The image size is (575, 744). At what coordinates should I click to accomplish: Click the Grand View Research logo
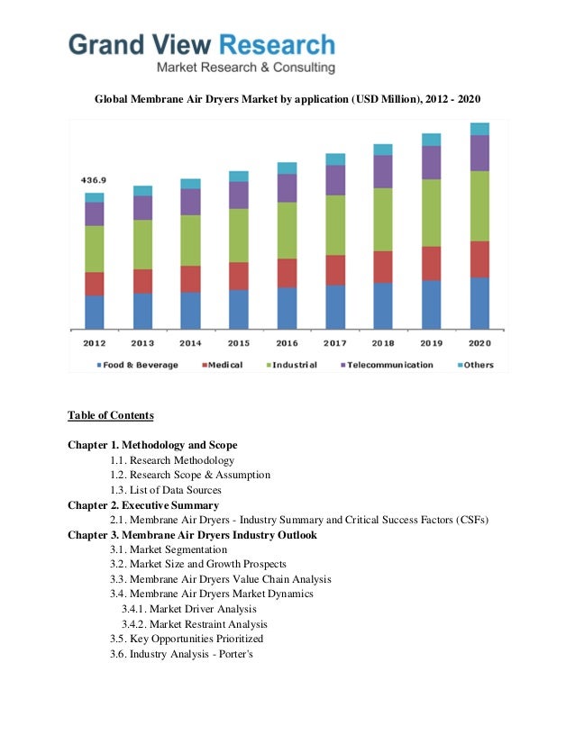pos(202,46)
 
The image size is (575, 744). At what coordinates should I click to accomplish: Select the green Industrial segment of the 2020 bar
pos(479,205)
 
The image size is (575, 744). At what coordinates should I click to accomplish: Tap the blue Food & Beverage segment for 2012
pos(95,312)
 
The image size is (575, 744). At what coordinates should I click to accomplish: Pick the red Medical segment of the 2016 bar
pos(287,273)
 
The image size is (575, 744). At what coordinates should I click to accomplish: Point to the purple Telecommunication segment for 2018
pos(383,171)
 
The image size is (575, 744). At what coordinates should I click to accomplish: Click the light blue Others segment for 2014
pos(190,184)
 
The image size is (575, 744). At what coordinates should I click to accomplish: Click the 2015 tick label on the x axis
pos(239,342)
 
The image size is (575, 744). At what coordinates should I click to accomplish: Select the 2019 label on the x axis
pos(431,342)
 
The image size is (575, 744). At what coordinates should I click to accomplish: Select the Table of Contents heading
pos(111,415)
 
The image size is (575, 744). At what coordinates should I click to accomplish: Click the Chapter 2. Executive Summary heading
pos(143,505)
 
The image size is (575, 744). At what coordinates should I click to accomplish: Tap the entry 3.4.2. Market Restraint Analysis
pos(194,623)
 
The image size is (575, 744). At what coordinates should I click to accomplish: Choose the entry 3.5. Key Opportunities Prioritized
pos(187,639)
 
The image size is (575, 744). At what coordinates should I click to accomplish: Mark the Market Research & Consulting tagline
pos(246,68)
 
